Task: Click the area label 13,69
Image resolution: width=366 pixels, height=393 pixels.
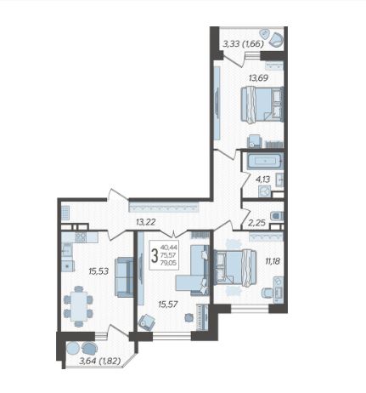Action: click(258, 77)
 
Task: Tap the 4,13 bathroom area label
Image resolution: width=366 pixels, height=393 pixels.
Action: click(262, 179)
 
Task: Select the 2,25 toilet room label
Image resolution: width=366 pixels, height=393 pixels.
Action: click(257, 223)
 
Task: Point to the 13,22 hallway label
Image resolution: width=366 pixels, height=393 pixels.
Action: click(145, 222)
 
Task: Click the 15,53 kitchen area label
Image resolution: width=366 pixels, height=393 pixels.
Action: click(99, 271)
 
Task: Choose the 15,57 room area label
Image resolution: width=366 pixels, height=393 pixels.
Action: click(168, 305)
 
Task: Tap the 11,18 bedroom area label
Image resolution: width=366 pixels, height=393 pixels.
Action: click(273, 261)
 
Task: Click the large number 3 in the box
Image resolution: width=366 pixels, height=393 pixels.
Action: click(155, 256)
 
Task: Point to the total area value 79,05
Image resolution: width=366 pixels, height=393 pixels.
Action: click(168, 263)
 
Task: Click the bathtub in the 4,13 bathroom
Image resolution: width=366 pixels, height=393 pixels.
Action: click(265, 161)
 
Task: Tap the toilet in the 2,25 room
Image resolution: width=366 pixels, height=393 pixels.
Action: click(277, 216)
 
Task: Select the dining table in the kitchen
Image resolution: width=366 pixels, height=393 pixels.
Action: click(79, 306)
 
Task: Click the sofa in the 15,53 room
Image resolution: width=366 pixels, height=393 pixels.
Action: click(124, 277)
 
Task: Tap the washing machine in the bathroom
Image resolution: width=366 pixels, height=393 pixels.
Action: click(264, 191)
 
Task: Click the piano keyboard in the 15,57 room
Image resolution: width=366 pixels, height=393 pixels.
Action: click(203, 317)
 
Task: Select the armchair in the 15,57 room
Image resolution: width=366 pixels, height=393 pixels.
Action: click(147, 322)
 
